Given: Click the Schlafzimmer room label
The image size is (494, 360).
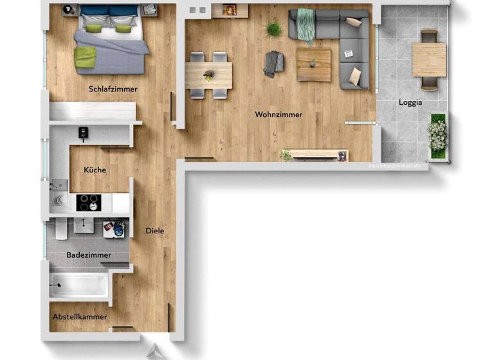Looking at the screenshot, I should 113,89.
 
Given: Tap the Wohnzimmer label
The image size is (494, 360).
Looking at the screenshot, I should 278,115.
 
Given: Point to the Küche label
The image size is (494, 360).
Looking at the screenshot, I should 95,170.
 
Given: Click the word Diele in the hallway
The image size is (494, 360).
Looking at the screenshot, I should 155,231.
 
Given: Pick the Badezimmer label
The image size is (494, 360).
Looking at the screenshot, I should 89,255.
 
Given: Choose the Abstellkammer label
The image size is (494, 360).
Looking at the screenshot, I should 80,317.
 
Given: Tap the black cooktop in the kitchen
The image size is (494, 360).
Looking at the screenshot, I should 89,203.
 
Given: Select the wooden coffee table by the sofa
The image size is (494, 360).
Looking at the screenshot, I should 314,65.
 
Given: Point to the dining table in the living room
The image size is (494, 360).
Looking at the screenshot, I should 208,75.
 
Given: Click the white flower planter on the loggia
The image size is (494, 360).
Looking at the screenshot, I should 437,134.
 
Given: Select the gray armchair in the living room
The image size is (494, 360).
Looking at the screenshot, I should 273,64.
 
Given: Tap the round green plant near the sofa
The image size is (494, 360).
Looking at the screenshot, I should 274,29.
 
